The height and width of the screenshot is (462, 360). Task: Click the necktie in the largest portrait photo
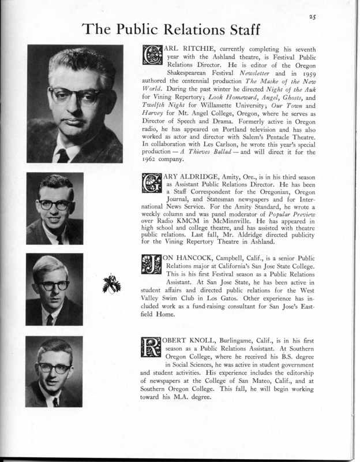click(x=63, y=155)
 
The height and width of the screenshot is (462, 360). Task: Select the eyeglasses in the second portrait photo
click(x=55, y=204)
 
